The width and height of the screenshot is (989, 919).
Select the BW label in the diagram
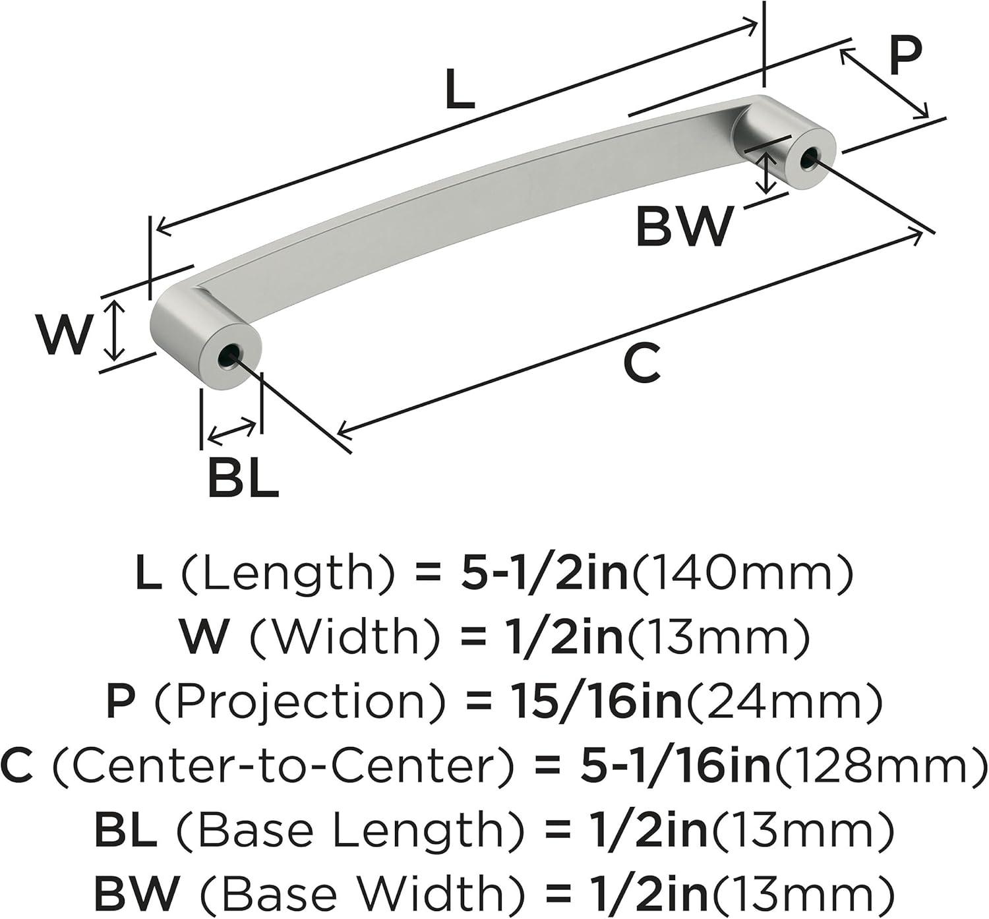[x=685, y=227]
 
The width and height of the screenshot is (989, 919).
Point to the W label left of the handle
[x=65, y=336]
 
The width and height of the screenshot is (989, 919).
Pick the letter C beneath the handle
[x=642, y=363]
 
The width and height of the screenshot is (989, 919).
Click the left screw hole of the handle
[x=229, y=357]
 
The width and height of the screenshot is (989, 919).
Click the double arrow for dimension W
[x=115, y=330]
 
